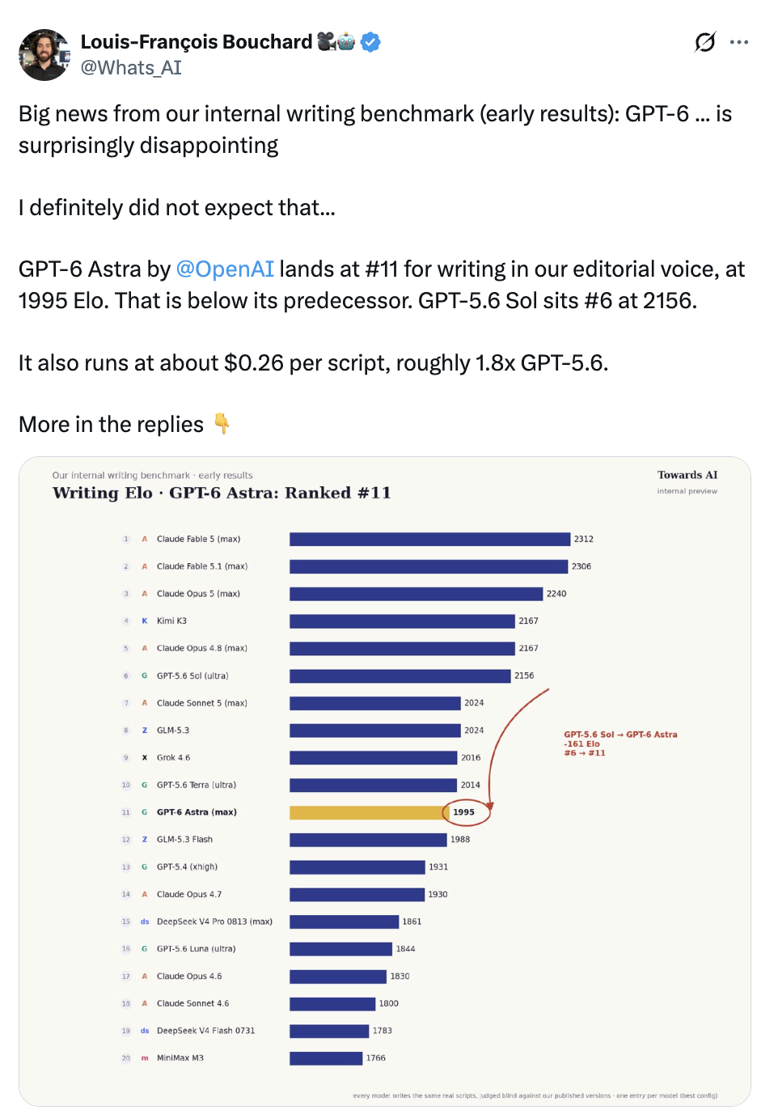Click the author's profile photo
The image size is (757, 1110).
[44, 54]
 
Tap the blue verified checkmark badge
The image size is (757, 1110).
[370, 42]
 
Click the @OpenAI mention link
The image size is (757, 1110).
[225, 269]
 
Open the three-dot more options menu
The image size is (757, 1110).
[738, 42]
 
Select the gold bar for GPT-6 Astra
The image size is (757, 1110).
[370, 812]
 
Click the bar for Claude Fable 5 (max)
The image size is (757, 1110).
[430, 539]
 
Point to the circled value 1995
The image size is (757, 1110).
[463, 812]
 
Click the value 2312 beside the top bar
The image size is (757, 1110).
[584, 539]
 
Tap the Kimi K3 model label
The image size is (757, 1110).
[172, 621]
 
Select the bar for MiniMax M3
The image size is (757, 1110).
[326, 1058]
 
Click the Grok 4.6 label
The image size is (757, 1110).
[173, 758]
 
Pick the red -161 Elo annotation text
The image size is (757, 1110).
[581, 744]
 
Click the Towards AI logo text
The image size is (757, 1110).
[687, 475]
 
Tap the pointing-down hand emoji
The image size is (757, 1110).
[222, 424]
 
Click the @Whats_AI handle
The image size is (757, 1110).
[131, 68]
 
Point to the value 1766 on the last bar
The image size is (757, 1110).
[375, 1058]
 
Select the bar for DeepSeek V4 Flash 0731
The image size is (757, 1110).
[329, 1031]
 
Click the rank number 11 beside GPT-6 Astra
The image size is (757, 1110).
[126, 812]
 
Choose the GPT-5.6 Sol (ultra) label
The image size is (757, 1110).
[192, 676]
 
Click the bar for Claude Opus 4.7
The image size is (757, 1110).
[357, 895]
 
